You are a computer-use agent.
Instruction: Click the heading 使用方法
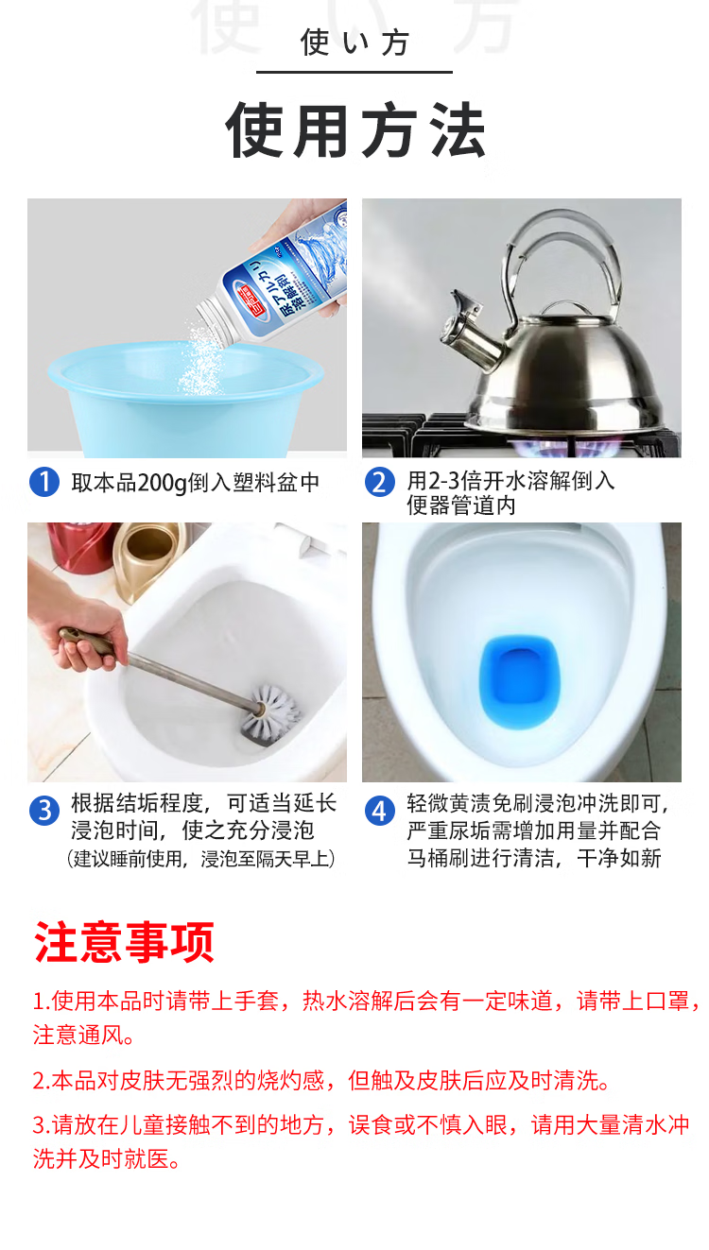[x=355, y=129]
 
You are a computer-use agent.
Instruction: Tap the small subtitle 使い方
[x=354, y=43]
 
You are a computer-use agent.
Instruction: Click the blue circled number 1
[x=44, y=482]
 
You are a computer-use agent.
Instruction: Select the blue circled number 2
[x=380, y=482]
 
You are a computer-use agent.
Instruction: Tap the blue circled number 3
[x=44, y=811]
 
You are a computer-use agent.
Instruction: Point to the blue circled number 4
[x=380, y=811]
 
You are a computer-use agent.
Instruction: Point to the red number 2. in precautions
[x=41, y=1080]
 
